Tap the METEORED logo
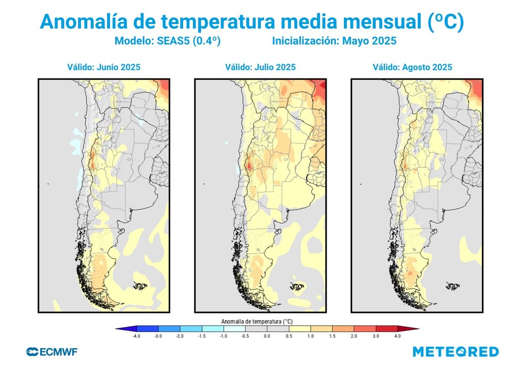(x=455, y=351)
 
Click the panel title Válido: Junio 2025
(x=104, y=67)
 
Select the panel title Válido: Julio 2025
(x=260, y=67)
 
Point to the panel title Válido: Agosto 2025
(x=412, y=67)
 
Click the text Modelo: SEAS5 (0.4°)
(x=167, y=41)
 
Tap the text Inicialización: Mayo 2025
(x=334, y=41)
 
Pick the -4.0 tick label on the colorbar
(x=136, y=336)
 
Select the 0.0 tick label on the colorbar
(x=267, y=336)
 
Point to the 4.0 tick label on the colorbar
(x=397, y=336)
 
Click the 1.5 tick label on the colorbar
(x=332, y=336)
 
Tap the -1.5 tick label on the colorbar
(x=201, y=336)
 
